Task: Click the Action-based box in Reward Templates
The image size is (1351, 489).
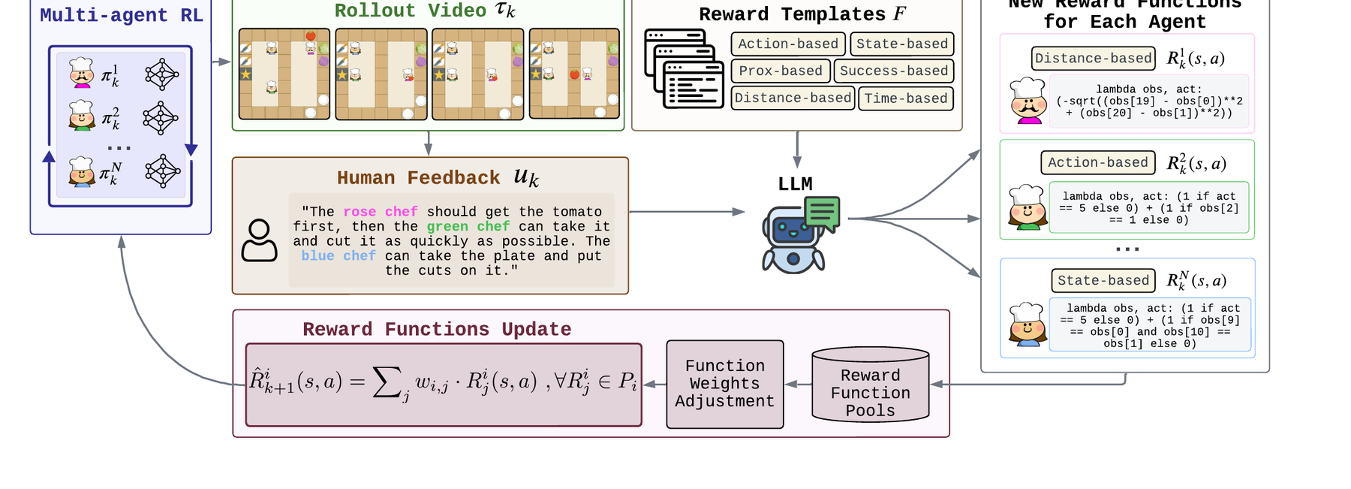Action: click(x=788, y=44)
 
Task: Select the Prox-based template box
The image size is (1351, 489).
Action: click(x=781, y=71)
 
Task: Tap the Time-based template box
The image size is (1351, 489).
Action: click(x=906, y=98)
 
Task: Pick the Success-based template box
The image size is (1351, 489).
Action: click(x=894, y=71)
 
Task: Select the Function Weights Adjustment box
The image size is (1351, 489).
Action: click(x=725, y=384)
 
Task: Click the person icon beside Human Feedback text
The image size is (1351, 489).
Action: click(x=259, y=240)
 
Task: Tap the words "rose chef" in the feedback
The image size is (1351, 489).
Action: click(x=380, y=212)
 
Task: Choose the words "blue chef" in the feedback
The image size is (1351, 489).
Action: click(x=339, y=255)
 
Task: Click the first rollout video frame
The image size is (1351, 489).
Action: click(x=284, y=74)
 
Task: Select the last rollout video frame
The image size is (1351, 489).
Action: click(x=574, y=74)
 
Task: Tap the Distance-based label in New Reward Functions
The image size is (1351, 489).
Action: click(x=1094, y=58)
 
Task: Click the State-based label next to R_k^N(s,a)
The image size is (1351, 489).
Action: click(x=1103, y=280)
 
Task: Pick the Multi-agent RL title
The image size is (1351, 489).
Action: click(x=122, y=15)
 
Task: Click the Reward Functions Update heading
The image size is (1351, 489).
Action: click(x=437, y=329)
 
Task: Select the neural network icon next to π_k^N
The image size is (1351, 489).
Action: click(x=162, y=171)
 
